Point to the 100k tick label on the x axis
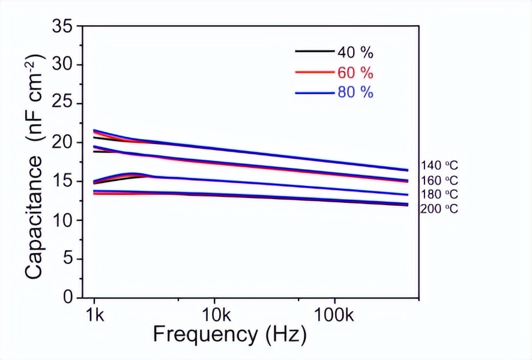[334, 315]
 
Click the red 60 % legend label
[355, 73]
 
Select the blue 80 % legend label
[355, 93]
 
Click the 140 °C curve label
[440, 166]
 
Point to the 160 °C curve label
[440, 180]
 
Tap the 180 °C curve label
[440, 194]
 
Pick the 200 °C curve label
[440, 209]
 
